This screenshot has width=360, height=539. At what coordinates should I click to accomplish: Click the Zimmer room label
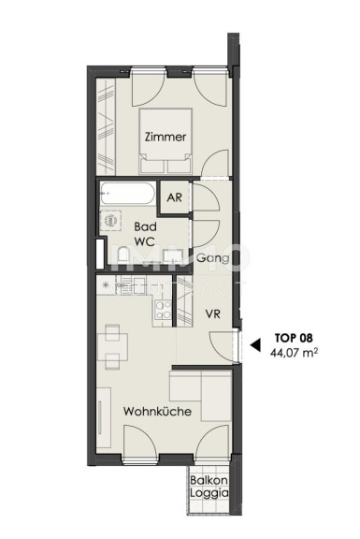(166, 137)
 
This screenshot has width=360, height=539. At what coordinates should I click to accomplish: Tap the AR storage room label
(175, 197)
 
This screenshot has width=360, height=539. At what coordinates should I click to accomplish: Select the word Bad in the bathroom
(145, 226)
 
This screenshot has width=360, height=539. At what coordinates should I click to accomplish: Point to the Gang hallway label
(212, 258)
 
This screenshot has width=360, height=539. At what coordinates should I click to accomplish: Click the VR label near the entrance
(212, 313)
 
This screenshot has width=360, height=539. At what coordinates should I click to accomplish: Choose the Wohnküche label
(157, 412)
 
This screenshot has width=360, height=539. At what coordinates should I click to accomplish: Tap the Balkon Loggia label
(209, 487)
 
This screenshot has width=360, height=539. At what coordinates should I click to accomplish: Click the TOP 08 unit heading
(294, 338)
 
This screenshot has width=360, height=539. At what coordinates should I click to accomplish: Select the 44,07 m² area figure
(294, 353)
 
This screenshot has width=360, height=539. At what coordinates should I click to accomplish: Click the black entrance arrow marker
(255, 344)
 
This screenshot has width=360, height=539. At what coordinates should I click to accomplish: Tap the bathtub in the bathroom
(127, 193)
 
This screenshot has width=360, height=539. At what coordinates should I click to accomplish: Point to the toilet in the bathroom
(122, 255)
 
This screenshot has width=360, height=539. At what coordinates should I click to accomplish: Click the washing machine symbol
(110, 220)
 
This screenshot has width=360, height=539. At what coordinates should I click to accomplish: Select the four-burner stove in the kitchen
(163, 310)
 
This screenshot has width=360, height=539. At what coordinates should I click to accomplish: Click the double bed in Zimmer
(166, 141)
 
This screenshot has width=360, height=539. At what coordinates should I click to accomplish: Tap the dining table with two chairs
(112, 346)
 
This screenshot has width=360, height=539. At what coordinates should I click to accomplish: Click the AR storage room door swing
(206, 197)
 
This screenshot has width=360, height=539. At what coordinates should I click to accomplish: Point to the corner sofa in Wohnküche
(201, 395)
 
